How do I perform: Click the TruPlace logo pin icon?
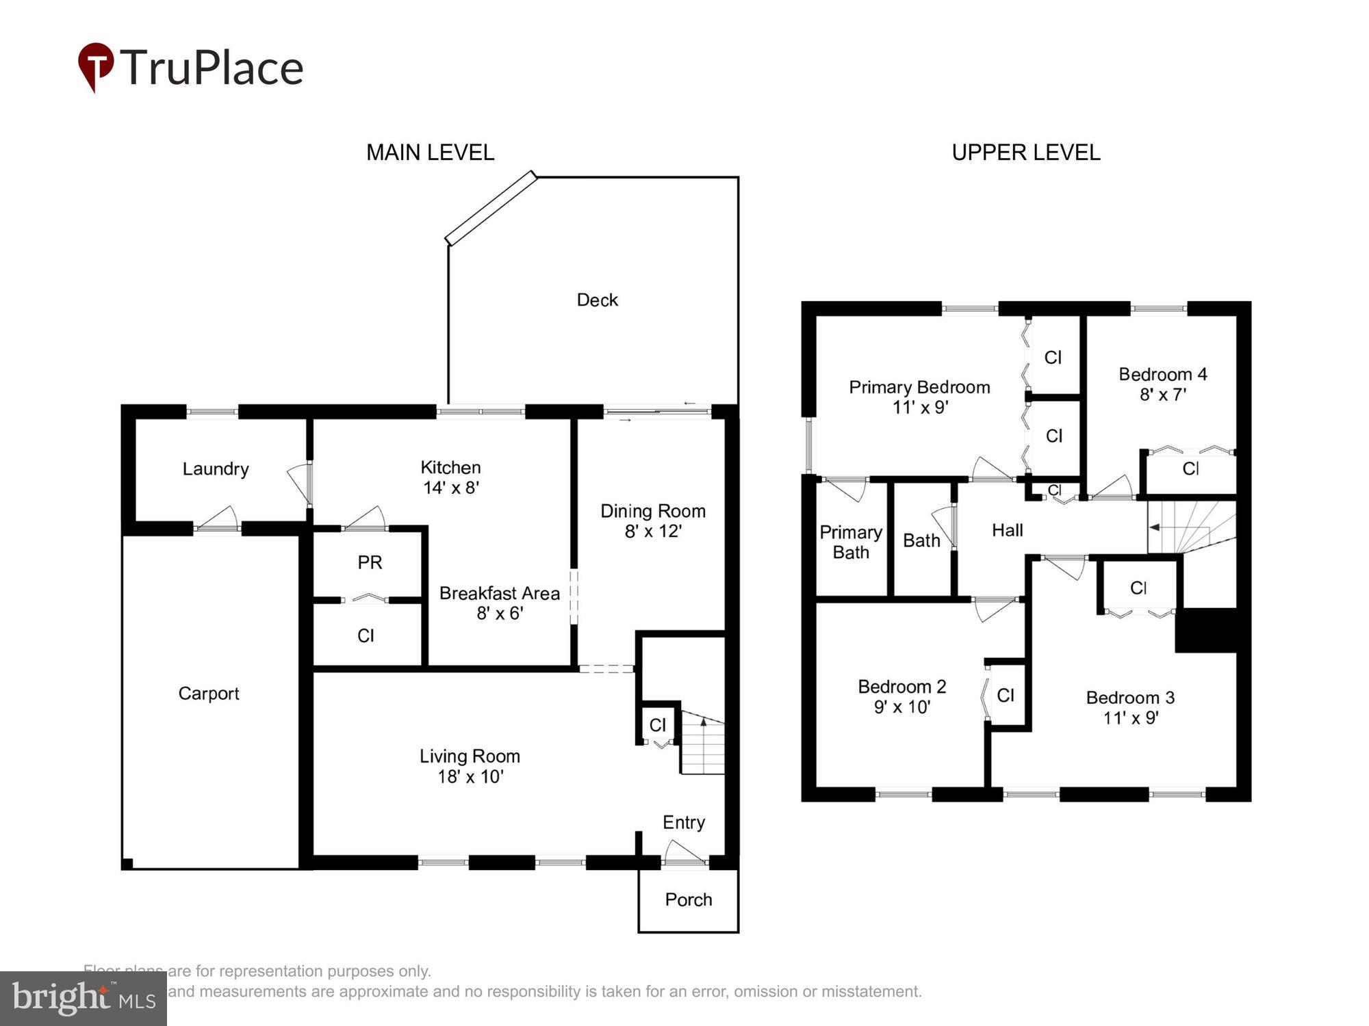(x=96, y=66)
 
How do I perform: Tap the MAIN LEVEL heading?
(x=430, y=152)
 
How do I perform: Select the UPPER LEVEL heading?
(x=1025, y=152)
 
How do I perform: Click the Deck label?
(x=597, y=300)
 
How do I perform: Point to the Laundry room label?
(x=215, y=469)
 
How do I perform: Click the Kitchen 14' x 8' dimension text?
(x=450, y=488)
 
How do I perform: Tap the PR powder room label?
(x=370, y=562)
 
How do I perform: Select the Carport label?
(x=209, y=693)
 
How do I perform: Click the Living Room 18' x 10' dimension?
(x=470, y=776)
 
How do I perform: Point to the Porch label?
(x=688, y=899)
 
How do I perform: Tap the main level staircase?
(x=703, y=746)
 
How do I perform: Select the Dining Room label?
(x=652, y=511)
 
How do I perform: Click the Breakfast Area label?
(x=499, y=593)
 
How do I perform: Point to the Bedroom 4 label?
(x=1162, y=374)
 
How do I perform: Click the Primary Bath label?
(x=850, y=542)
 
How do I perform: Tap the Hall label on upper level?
(x=1007, y=530)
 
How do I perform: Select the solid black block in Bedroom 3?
(x=1206, y=630)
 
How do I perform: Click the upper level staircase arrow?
(x=1154, y=527)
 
